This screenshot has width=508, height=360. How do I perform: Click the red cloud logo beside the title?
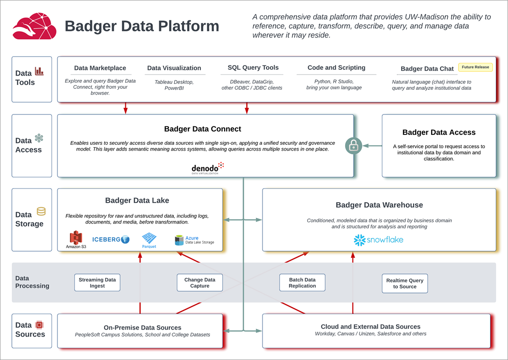coord(34,26)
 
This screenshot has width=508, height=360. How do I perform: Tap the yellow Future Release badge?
coord(475,67)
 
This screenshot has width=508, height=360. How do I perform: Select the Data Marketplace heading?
coord(100,68)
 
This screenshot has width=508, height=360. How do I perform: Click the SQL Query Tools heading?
coord(253,67)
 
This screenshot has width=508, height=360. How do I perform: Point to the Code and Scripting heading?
coord(336,67)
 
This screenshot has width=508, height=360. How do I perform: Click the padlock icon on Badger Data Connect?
coord(353,146)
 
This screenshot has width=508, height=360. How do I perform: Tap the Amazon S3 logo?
coord(76,240)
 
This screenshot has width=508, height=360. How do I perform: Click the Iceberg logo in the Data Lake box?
coord(111,239)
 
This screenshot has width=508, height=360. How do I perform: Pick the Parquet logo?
coord(149,240)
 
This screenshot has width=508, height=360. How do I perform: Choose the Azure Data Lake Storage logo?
coord(194,240)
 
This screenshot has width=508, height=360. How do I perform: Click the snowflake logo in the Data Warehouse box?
coord(378,240)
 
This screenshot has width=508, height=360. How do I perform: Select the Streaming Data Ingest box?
coord(97,283)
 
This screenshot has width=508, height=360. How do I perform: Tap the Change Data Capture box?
coord(200,283)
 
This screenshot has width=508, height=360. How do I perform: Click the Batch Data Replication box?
coord(302,283)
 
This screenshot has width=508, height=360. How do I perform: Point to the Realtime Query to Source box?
coord(405,284)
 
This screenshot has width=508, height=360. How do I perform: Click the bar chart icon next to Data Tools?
coord(39,71)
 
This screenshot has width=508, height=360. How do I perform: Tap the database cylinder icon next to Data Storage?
coord(41,212)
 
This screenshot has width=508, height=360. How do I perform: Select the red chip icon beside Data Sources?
coord(39,325)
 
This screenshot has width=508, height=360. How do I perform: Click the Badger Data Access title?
coord(439,133)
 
